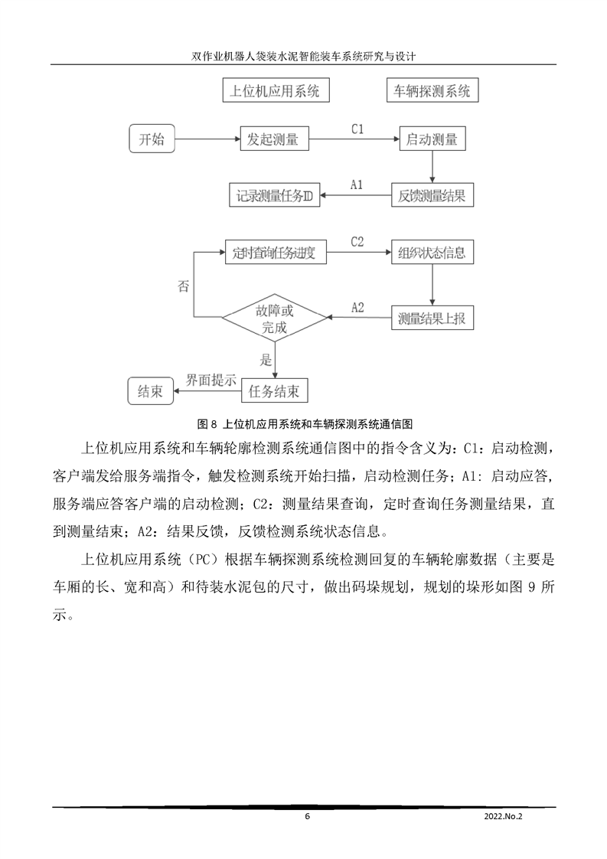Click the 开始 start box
coord(151,140)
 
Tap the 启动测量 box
coord(432,140)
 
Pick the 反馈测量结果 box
coord(432,195)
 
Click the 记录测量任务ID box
coord(274,195)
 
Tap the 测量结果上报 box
coord(432,317)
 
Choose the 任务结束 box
coord(274,391)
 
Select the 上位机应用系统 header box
coord(275,91)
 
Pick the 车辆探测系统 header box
coord(432,91)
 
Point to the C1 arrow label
coord(357,129)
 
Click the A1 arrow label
coord(357,185)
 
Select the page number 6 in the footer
coord(307,817)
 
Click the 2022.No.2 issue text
coord(503,817)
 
